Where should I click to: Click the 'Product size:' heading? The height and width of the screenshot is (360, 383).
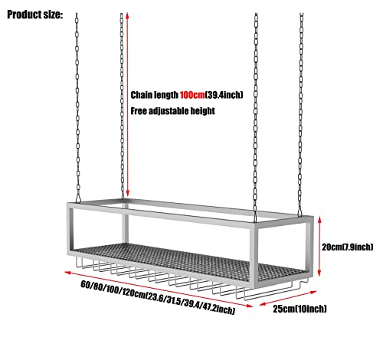pos(34,15)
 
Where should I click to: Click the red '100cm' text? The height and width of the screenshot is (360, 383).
pos(192,95)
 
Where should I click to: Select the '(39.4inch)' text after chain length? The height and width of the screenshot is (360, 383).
pos(224,95)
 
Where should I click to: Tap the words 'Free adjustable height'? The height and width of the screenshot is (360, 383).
pos(172,111)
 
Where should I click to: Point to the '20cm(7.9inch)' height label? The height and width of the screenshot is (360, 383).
pos(347,247)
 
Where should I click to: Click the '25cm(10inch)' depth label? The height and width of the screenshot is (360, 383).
pos(300,309)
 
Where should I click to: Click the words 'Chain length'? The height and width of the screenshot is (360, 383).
pos(155,95)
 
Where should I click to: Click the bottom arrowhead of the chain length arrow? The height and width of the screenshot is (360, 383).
pos(128,194)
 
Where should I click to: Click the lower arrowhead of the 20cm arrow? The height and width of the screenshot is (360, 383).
pos(319,273)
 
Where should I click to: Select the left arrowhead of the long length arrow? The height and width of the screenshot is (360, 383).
pos(67,272)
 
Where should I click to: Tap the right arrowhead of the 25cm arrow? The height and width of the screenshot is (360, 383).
pos(313,293)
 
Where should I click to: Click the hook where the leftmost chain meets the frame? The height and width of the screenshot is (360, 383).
pos(78,198)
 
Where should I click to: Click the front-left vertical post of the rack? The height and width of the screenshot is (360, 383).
pos(70,230)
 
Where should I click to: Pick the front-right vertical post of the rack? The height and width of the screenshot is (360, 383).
pos(254,253)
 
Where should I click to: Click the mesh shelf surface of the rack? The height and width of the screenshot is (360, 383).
pos(178,258)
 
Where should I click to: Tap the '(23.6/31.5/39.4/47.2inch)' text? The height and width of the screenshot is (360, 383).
pos(190,303)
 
